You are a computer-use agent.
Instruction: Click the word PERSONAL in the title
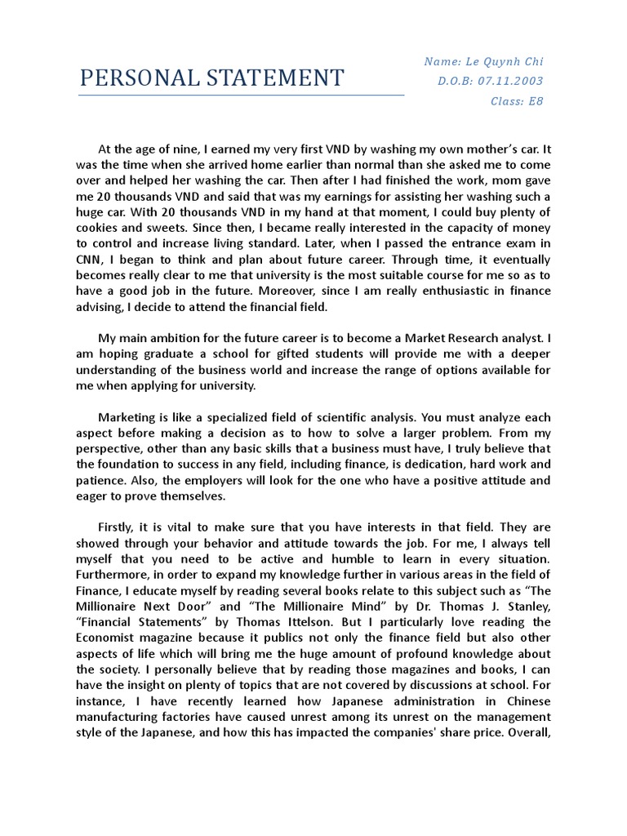[x=132, y=78]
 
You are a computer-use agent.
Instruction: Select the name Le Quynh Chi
[x=507, y=62]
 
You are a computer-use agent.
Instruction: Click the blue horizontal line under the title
[x=241, y=96]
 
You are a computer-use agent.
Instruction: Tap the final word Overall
[x=531, y=732]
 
